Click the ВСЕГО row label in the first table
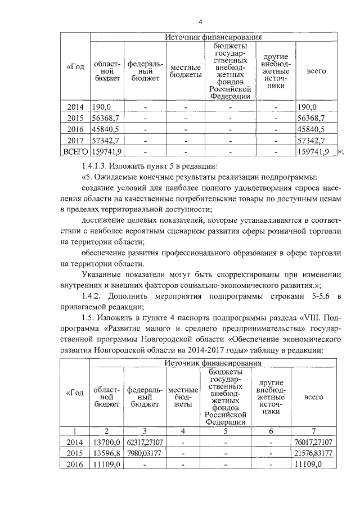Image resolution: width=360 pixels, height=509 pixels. (x=75, y=151)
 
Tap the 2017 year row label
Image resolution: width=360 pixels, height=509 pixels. (x=75, y=140)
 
